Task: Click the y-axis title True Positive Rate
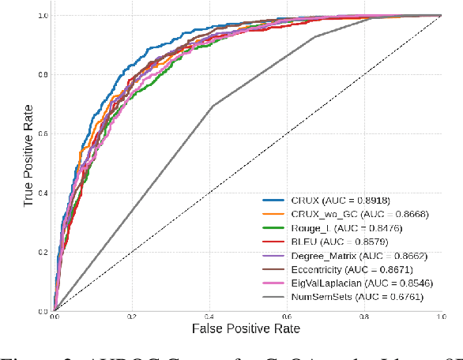click(x=29, y=163)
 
